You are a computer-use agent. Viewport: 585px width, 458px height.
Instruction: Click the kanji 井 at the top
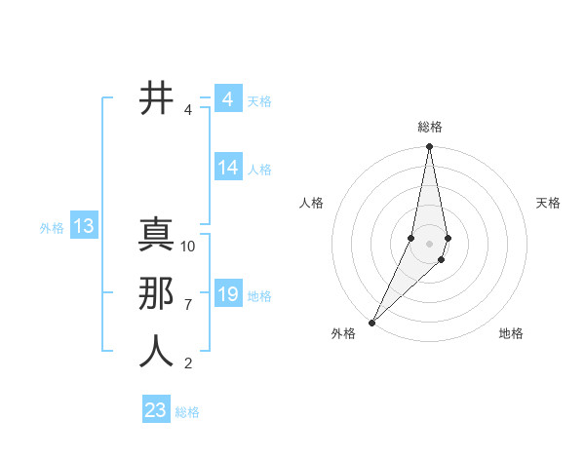click(156, 99)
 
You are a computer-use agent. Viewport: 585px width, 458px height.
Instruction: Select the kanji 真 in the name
click(156, 237)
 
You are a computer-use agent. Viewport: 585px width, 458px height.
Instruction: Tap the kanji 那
click(156, 294)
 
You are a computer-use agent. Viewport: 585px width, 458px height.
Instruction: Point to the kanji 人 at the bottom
click(156, 352)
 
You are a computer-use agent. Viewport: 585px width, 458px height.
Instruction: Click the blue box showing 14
click(228, 169)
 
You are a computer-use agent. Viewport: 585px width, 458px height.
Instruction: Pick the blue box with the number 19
click(228, 295)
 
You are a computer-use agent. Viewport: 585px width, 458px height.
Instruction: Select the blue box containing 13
click(84, 227)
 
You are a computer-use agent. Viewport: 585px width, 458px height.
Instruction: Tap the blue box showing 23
click(156, 410)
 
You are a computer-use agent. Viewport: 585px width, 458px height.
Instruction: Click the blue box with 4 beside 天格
click(227, 99)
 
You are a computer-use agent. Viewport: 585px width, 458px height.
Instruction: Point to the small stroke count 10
click(188, 247)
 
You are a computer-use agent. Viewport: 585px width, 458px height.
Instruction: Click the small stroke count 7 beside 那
click(188, 305)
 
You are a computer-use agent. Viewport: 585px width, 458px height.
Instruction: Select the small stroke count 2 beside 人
click(188, 363)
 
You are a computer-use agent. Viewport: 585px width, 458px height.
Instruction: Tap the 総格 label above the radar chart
click(430, 127)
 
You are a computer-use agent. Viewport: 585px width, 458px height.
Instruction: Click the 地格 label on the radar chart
click(511, 333)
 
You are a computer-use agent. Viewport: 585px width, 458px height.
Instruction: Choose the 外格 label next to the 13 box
click(52, 228)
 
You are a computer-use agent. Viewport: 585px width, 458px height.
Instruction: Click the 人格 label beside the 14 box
click(259, 170)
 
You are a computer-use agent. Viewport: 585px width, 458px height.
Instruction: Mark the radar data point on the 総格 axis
click(429, 147)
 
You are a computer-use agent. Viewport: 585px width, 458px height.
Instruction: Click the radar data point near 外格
click(372, 322)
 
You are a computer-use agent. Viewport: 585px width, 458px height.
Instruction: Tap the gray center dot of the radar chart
click(429, 244)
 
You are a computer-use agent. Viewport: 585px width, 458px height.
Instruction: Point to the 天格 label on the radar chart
click(548, 203)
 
